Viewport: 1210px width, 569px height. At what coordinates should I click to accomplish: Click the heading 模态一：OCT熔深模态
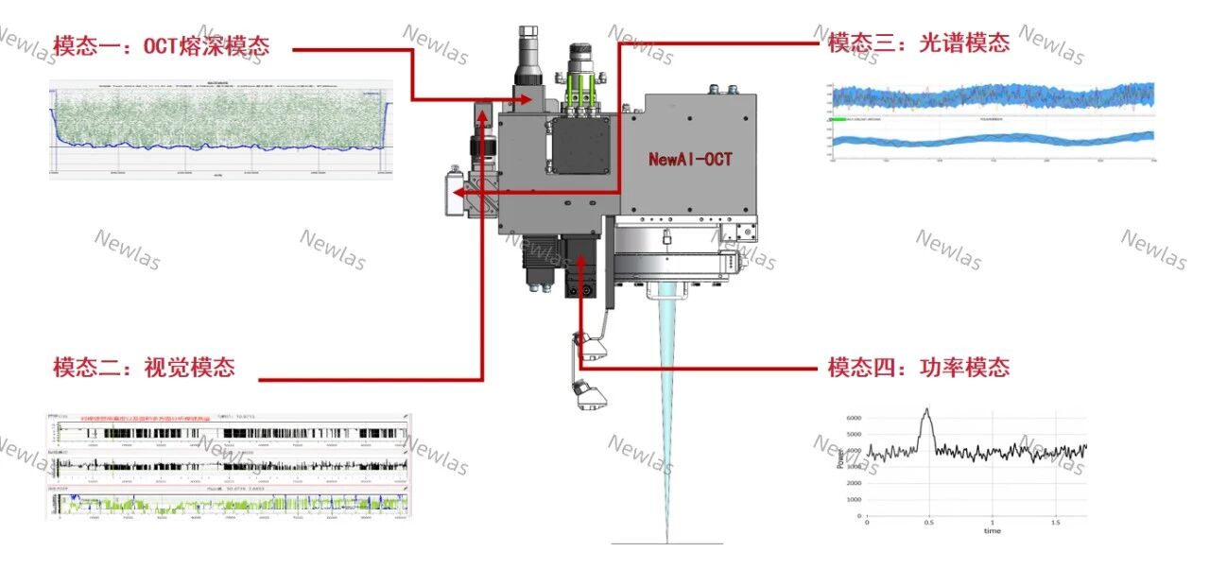click(162, 45)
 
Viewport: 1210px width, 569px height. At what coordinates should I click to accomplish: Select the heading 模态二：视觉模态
click(144, 368)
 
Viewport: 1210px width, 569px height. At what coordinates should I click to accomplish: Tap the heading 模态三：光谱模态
click(918, 43)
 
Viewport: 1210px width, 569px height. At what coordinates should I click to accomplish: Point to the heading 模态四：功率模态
click(918, 368)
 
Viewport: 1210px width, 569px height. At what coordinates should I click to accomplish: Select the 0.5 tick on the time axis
click(929, 522)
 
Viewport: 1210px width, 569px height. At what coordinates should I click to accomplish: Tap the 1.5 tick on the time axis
click(1056, 522)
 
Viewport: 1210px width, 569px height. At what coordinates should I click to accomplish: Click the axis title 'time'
click(992, 531)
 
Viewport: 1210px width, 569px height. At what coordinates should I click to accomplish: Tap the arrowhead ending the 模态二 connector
click(482, 114)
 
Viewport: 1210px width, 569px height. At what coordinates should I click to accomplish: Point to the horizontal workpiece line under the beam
click(667, 543)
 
